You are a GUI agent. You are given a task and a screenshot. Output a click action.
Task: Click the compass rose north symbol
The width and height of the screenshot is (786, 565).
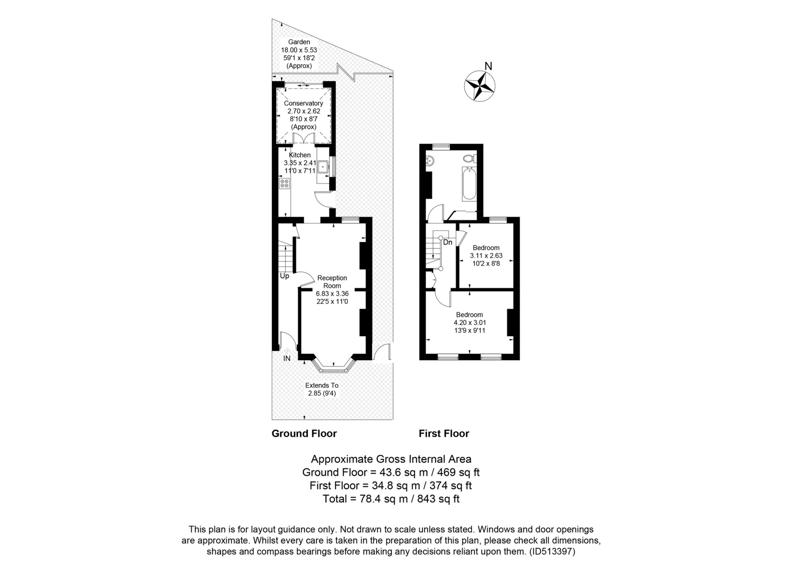(479, 86)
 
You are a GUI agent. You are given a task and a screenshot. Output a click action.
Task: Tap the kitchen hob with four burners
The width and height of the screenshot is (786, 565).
(284, 183)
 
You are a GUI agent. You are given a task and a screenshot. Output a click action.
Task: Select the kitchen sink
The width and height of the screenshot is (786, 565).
(323, 167)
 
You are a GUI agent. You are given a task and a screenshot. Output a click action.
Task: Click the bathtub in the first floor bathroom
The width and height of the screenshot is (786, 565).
(469, 183)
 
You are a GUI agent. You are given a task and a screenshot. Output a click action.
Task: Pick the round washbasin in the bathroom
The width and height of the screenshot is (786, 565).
(430, 161)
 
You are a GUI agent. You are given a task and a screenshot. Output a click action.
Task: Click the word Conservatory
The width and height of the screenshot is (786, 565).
(303, 103)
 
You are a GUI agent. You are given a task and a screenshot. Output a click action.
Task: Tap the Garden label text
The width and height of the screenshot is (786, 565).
(299, 42)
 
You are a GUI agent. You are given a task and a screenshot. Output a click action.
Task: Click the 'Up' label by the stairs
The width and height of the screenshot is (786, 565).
(285, 276)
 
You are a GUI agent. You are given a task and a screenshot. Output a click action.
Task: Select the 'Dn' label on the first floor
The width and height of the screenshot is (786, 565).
(447, 242)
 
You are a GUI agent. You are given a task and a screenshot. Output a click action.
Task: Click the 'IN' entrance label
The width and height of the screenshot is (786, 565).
(287, 359)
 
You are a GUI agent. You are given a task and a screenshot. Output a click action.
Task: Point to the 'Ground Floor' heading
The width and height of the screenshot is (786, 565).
(304, 434)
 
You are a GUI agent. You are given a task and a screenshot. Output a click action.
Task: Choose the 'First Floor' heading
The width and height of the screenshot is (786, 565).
(444, 434)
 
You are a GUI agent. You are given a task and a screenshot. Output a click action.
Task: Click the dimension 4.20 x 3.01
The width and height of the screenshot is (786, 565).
(470, 323)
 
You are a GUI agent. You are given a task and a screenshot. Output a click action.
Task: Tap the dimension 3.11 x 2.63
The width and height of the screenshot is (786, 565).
(486, 255)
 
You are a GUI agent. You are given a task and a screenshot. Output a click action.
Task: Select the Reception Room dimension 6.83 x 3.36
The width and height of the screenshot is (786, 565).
(332, 294)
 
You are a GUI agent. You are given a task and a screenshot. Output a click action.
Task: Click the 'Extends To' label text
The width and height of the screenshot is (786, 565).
(322, 385)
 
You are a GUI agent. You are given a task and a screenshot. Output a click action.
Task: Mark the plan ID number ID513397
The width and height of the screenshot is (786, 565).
(552, 551)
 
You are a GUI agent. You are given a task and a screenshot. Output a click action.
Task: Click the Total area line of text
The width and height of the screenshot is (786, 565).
(391, 499)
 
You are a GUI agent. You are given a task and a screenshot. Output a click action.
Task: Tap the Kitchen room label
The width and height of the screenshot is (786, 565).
(300, 155)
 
